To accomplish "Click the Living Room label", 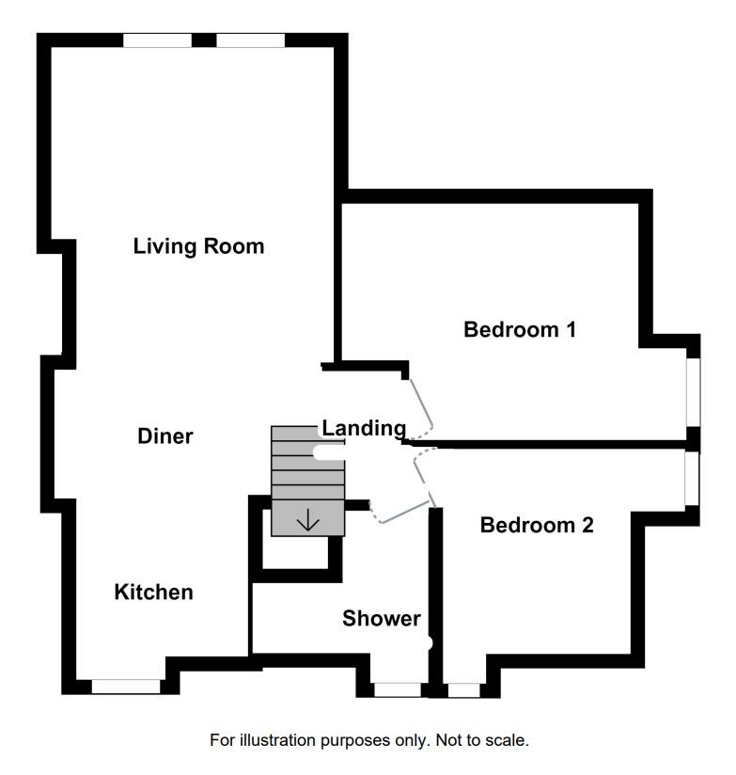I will coord(198,246).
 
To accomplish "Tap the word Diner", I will coord(165,436).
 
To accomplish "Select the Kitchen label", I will coord(153,593).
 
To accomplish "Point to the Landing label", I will coord(364,428).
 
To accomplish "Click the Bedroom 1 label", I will coord(520,330).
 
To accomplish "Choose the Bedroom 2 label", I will coord(537,525).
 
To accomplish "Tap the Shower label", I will coord(381,619).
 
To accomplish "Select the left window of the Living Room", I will coord(157,40).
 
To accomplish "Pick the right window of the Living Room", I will coord(250,40).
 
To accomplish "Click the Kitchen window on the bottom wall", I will coord(126,688).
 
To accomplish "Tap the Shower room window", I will coord(398,690).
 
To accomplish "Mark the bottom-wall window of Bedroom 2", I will coord(462,690).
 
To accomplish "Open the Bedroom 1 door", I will coord(420,403).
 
